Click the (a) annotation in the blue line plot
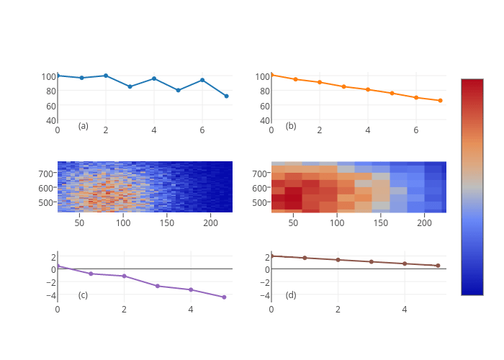pos(84,126)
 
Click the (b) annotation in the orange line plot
pos(291,126)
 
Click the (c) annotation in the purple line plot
pos(84,295)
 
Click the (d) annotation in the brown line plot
pos(291,295)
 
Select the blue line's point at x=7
pos(226,96)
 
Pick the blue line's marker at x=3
pos(130,86)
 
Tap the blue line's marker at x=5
pos(178,90)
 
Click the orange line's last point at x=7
pos(440,101)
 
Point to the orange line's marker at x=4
pos(368,89)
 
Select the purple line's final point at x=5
pos(224,297)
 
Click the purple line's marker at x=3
pos(158,286)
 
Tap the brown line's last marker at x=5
pos(438,266)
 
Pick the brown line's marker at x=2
pos(338,259)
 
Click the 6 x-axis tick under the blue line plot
pos(202,130)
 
